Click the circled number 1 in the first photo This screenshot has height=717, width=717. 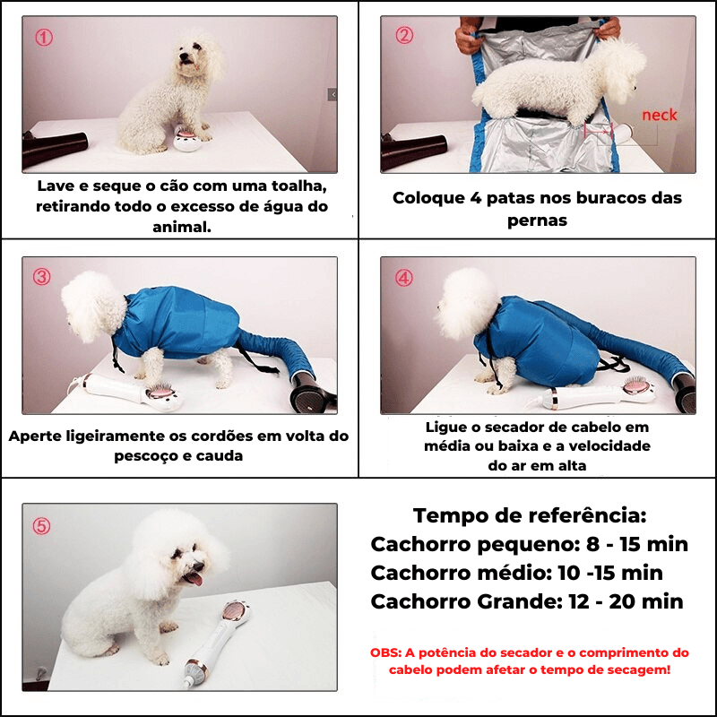pyautogui.click(x=44, y=38)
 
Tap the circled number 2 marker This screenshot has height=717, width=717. pyautogui.click(x=404, y=35)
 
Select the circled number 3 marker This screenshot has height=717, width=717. pyautogui.click(x=41, y=277)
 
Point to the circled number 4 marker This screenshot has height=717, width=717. pyautogui.click(x=404, y=278)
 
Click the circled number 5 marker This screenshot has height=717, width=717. pyautogui.click(x=41, y=526)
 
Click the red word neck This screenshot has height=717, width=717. pyautogui.click(x=659, y=116)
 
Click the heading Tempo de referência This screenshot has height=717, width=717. pyautogui.click(x=530, y=515)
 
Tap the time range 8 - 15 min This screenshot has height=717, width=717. pyautogui.click(x=637, y=544)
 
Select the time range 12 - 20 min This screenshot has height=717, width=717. pyautogui.click(x=626, y=601)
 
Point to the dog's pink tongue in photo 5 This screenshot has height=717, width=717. pyautogui.click(x=194, y=579)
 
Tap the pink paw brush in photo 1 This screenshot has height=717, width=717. pyautogui.click(x=188, y=139)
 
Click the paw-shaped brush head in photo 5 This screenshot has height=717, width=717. pyautogui.click(x=236, y=613)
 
